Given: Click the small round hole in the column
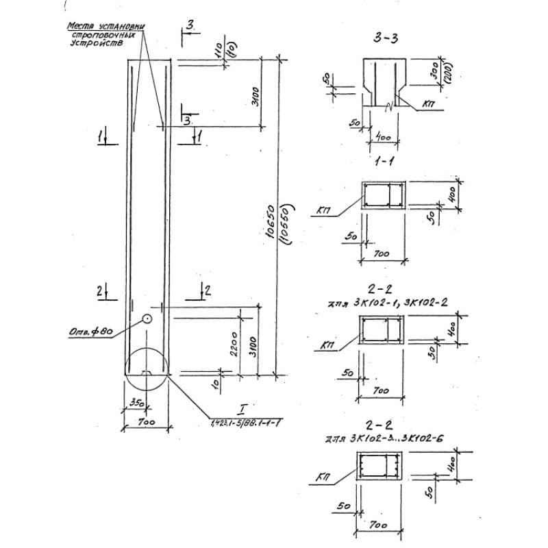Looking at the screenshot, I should pyautogui.click(x=147, y=319).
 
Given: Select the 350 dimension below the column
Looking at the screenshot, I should pyautogui.click(x=136, y=403).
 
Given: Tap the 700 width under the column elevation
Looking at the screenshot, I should pyautogui.click(x=146, y=423).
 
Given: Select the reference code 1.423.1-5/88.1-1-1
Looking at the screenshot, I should pyautogui.click(x=244, y=423).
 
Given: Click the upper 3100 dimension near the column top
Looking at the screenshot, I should pyautogui.click(x=253, y=94).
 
